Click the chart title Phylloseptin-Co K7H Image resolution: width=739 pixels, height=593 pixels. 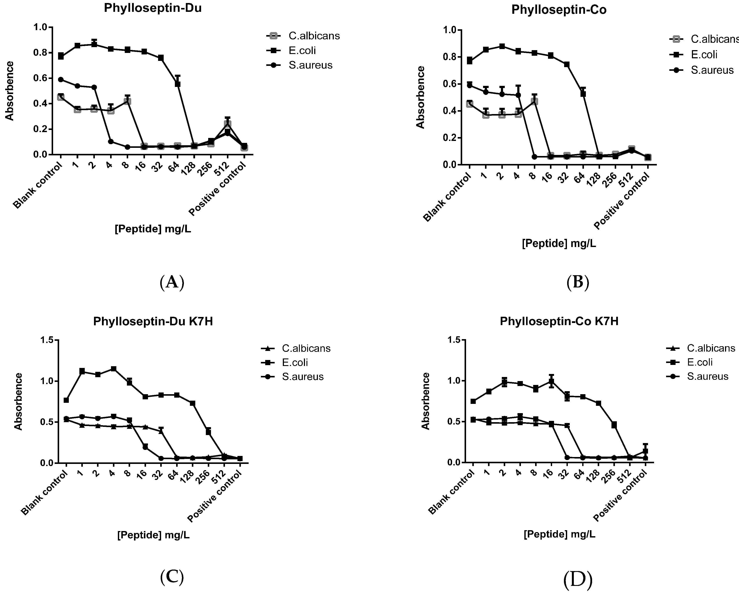[x=559, y=321]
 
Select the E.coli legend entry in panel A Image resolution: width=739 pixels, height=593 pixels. [x=302, y=50]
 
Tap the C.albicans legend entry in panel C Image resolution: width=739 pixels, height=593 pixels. [x=306, y=348]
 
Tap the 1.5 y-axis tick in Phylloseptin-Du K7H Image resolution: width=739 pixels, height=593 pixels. [x=47, y=340]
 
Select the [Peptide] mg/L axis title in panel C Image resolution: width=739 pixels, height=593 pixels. [x=153, y=535]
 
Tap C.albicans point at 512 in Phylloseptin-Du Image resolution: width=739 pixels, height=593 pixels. [x=227, y=124]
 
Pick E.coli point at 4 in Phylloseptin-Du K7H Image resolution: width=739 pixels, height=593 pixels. [x=114, y=369]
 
